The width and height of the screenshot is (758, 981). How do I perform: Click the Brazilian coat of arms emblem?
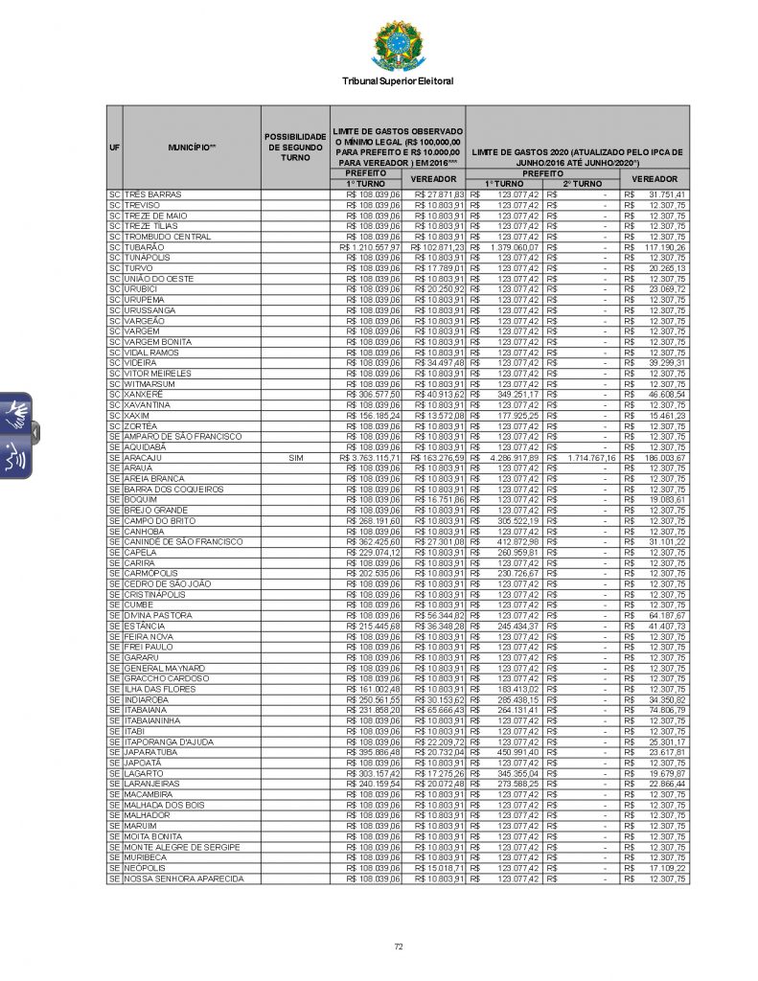397,45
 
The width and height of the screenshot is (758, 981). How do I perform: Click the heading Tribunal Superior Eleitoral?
397,81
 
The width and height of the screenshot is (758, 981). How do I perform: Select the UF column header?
114,148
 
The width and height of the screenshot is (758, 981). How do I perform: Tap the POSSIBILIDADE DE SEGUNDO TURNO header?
295,148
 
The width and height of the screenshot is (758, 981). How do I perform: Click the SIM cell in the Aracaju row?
295,458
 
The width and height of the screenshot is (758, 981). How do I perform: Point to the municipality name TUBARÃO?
145,247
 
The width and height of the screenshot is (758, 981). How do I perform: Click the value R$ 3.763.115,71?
370,458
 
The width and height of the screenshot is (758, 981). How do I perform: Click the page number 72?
398,947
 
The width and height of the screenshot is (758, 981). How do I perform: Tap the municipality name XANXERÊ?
147,394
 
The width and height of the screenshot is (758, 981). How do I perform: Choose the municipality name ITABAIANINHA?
159,720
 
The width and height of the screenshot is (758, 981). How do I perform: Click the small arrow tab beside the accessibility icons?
35,431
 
